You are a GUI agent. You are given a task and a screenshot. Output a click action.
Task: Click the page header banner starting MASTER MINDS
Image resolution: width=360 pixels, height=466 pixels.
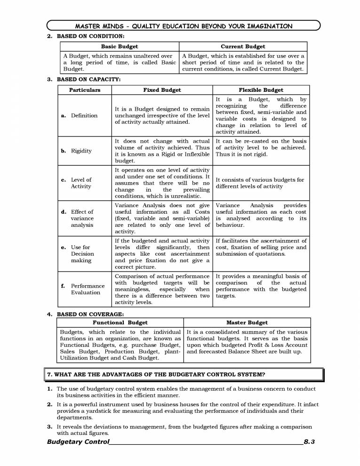point(184,26)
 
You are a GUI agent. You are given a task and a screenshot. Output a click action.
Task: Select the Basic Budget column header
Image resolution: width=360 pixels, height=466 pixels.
point(120,47)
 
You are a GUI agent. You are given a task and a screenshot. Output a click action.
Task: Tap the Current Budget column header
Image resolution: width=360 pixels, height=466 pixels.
point(243,47)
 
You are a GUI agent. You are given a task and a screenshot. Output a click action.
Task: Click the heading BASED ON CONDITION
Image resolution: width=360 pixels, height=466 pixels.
point(90,36)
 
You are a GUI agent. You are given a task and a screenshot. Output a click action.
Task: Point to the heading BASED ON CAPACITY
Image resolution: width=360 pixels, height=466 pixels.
point(88,79)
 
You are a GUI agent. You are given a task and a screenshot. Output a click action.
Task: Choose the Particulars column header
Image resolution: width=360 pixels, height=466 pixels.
point(85,90)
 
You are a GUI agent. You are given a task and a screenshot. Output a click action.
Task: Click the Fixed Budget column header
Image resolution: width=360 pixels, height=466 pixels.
point(162,90)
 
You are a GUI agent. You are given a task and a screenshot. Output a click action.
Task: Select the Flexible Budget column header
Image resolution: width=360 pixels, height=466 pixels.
point(261,90)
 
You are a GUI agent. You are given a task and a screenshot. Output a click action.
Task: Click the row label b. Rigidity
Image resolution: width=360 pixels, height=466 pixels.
point(78,151)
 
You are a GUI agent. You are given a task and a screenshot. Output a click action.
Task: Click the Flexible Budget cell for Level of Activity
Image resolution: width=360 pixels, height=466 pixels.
point(260,183)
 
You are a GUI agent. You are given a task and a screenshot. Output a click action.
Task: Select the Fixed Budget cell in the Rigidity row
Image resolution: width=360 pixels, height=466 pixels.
point(162,151)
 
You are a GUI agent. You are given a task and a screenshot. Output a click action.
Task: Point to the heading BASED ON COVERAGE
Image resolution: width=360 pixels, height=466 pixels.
point(89,314)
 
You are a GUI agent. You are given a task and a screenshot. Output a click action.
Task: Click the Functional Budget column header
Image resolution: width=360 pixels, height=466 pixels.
point(120,322)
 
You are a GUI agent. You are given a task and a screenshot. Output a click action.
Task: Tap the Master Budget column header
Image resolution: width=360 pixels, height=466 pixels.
point(247,322)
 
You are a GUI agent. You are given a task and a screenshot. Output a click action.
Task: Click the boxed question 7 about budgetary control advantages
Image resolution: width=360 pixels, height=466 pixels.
point(184,375)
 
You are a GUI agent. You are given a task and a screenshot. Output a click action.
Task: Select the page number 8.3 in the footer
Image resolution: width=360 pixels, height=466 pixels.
point(309,442)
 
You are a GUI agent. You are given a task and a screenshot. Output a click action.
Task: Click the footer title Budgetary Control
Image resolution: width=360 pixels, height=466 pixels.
point(78,442)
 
